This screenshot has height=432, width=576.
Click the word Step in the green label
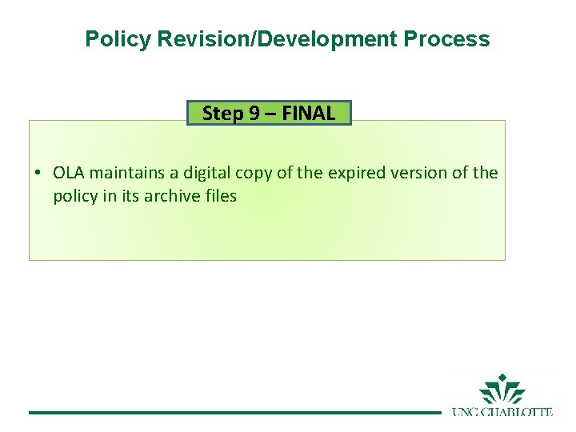point(220,113)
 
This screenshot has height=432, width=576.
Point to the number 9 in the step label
point(256,113)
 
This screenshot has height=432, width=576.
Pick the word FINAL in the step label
point(308,113)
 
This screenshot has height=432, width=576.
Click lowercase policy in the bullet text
point(75,196)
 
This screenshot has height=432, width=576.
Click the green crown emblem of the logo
point(502,391)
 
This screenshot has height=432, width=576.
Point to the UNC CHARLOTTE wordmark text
point(502,412)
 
